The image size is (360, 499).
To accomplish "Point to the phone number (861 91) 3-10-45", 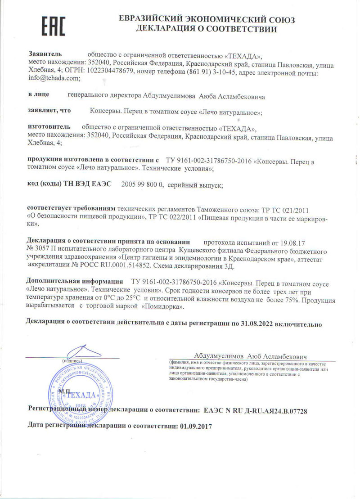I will [x=204, y=72].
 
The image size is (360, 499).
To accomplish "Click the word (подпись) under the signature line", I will [x=71, y=361].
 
